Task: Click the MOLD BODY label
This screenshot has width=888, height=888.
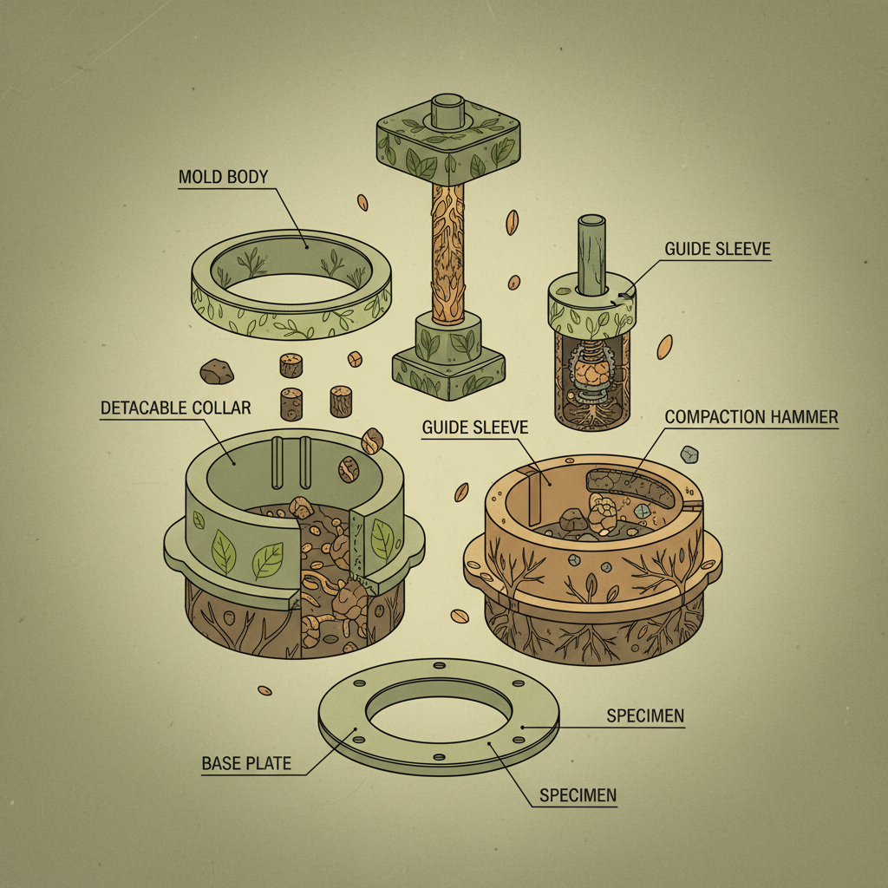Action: [x=223, y=177]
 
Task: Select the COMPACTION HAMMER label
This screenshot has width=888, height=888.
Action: [x=751, y=417]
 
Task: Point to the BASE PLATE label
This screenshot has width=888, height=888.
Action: [x=246, y=763]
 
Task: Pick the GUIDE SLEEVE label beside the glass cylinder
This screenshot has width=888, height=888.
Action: [x=717, y=249]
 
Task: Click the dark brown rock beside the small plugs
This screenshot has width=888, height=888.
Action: [x=216, y=371]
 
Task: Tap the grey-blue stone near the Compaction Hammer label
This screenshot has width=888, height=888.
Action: [x=689, y=454]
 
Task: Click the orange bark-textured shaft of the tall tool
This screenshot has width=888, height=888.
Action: [x=447, y=252]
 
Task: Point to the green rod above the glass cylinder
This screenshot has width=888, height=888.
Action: [x=591, y=255]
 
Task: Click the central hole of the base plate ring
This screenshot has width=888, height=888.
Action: [x=438, y=718]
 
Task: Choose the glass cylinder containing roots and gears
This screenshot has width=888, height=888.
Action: [x=591, y=381]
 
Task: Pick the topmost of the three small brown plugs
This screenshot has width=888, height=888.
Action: [x=291, y=365]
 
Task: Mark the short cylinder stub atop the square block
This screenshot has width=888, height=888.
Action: [x=447, y=112]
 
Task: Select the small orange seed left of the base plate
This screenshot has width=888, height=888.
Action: [x=264, y=690]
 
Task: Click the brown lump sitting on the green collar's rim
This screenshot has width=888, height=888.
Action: [x=372, y=441]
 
